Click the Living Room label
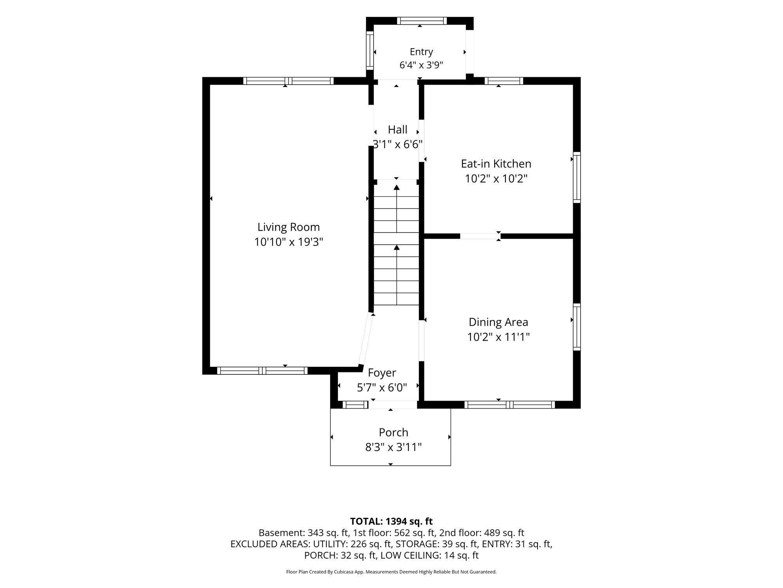click(x=289, y=227)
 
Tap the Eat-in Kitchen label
click(x=496, y=163)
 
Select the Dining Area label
click(x=498, y=322)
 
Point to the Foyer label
click(x=382, y=373)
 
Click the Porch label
click(x=393, y=432)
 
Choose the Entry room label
click(x=421, y=52)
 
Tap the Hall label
click(x=398, y=129)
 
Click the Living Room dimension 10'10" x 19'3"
click(x=289, y=242)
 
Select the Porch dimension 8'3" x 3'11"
click(x=393, y=447)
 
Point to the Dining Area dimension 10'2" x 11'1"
click(x=498, y=337)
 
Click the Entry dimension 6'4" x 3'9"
click(x=421, y=65)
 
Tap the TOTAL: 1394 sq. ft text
click(x=391, y=521)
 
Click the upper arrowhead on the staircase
click(x=397, y=188)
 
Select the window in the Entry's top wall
click(x=422, y=21)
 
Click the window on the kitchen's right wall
click(x=577, y=177)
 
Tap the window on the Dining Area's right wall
click(x=577, y=327)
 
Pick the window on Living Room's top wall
click(x=289, y=81)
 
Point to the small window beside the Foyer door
click(x=355, y=405)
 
